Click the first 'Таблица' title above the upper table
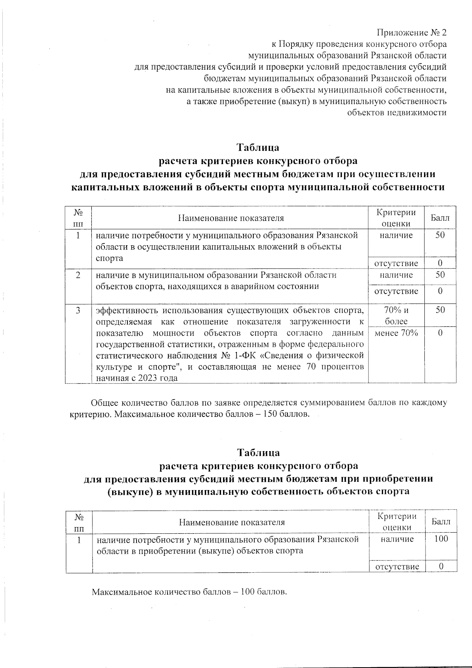point(258,148)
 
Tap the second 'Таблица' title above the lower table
point(258,452)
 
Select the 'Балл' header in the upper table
point(440,218)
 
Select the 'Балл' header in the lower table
point(441,522)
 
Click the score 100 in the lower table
point(441,539)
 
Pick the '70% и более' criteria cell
point(396,315)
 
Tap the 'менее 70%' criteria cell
point(396,333)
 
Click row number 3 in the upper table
point(79,310)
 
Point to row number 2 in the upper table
point(79,275)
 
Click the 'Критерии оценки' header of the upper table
point(396,218)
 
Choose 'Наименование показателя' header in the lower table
point(232,522)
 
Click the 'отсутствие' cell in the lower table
point(397,567)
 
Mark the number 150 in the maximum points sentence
point(274,414)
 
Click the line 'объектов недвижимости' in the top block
point(396,113)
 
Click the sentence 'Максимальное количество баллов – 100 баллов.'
point(189,592)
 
